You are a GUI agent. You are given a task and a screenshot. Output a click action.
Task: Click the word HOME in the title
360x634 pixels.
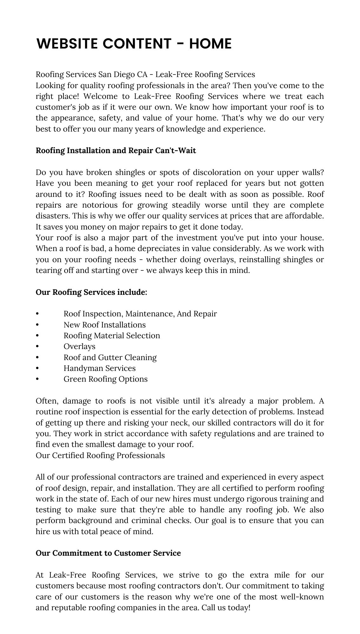tap(210, 44)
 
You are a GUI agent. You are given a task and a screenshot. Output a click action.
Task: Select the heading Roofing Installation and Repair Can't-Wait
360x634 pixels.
tap(116, 150)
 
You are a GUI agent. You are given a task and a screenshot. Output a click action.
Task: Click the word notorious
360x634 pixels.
tap(100, 205)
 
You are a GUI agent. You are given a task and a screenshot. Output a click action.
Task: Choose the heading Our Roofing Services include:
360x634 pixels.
tap(91, 292)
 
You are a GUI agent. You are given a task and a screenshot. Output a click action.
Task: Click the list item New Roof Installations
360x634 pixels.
tap(105, 325)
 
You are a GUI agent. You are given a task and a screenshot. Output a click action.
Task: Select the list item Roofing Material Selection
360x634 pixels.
tap(112, 335)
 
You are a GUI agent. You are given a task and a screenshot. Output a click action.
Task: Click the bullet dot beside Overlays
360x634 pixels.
tap(37, 346)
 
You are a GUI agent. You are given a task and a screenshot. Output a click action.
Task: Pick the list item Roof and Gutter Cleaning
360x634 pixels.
tap(110, 357)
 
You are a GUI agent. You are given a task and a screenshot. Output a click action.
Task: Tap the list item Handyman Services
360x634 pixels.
tap(100, 368)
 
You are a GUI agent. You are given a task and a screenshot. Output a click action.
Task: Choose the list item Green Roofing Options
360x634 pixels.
tap(106, 379)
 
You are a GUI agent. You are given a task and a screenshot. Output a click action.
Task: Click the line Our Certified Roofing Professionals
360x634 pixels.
tap(100, 456)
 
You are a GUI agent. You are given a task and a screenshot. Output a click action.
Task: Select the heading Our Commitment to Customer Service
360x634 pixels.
tap(108, 553)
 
